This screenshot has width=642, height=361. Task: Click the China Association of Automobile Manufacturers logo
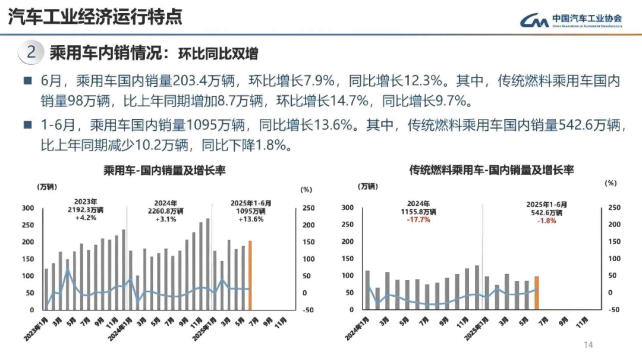coord(571,20)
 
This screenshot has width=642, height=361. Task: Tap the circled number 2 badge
coord(33,53)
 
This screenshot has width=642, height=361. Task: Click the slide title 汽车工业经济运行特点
coord(95,17)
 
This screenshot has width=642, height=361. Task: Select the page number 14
coord(589,345)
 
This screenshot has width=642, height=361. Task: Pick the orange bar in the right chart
coord(537,293)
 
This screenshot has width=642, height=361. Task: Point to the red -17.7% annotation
coord(419,219)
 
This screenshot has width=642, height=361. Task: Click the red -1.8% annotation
coord(546,220)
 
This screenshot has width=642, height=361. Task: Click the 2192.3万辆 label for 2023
coord(86,211)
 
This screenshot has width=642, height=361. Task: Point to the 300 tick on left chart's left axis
coord(27,208)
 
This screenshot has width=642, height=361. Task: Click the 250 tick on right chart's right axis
coord(613,208)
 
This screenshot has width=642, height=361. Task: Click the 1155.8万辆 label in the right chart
coord(420,211)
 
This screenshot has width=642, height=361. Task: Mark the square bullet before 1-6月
coord(27,126)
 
